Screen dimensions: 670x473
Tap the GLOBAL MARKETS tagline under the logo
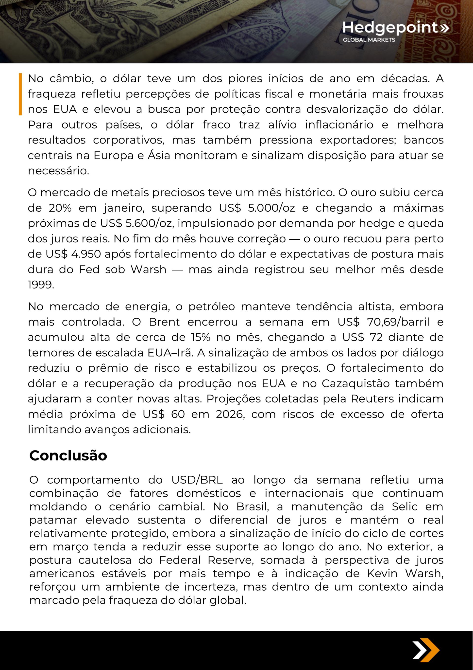(369, 40)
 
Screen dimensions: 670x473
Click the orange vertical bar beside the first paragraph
(20, 94)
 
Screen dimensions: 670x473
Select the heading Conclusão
(68, 455)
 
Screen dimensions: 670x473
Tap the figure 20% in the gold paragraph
(60, 208)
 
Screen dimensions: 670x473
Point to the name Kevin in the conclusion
(382, 573)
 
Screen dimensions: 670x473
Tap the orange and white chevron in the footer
(426, 651)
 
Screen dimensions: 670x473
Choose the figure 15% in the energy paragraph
(201, 337)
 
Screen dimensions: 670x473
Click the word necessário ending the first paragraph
(58, 171)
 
